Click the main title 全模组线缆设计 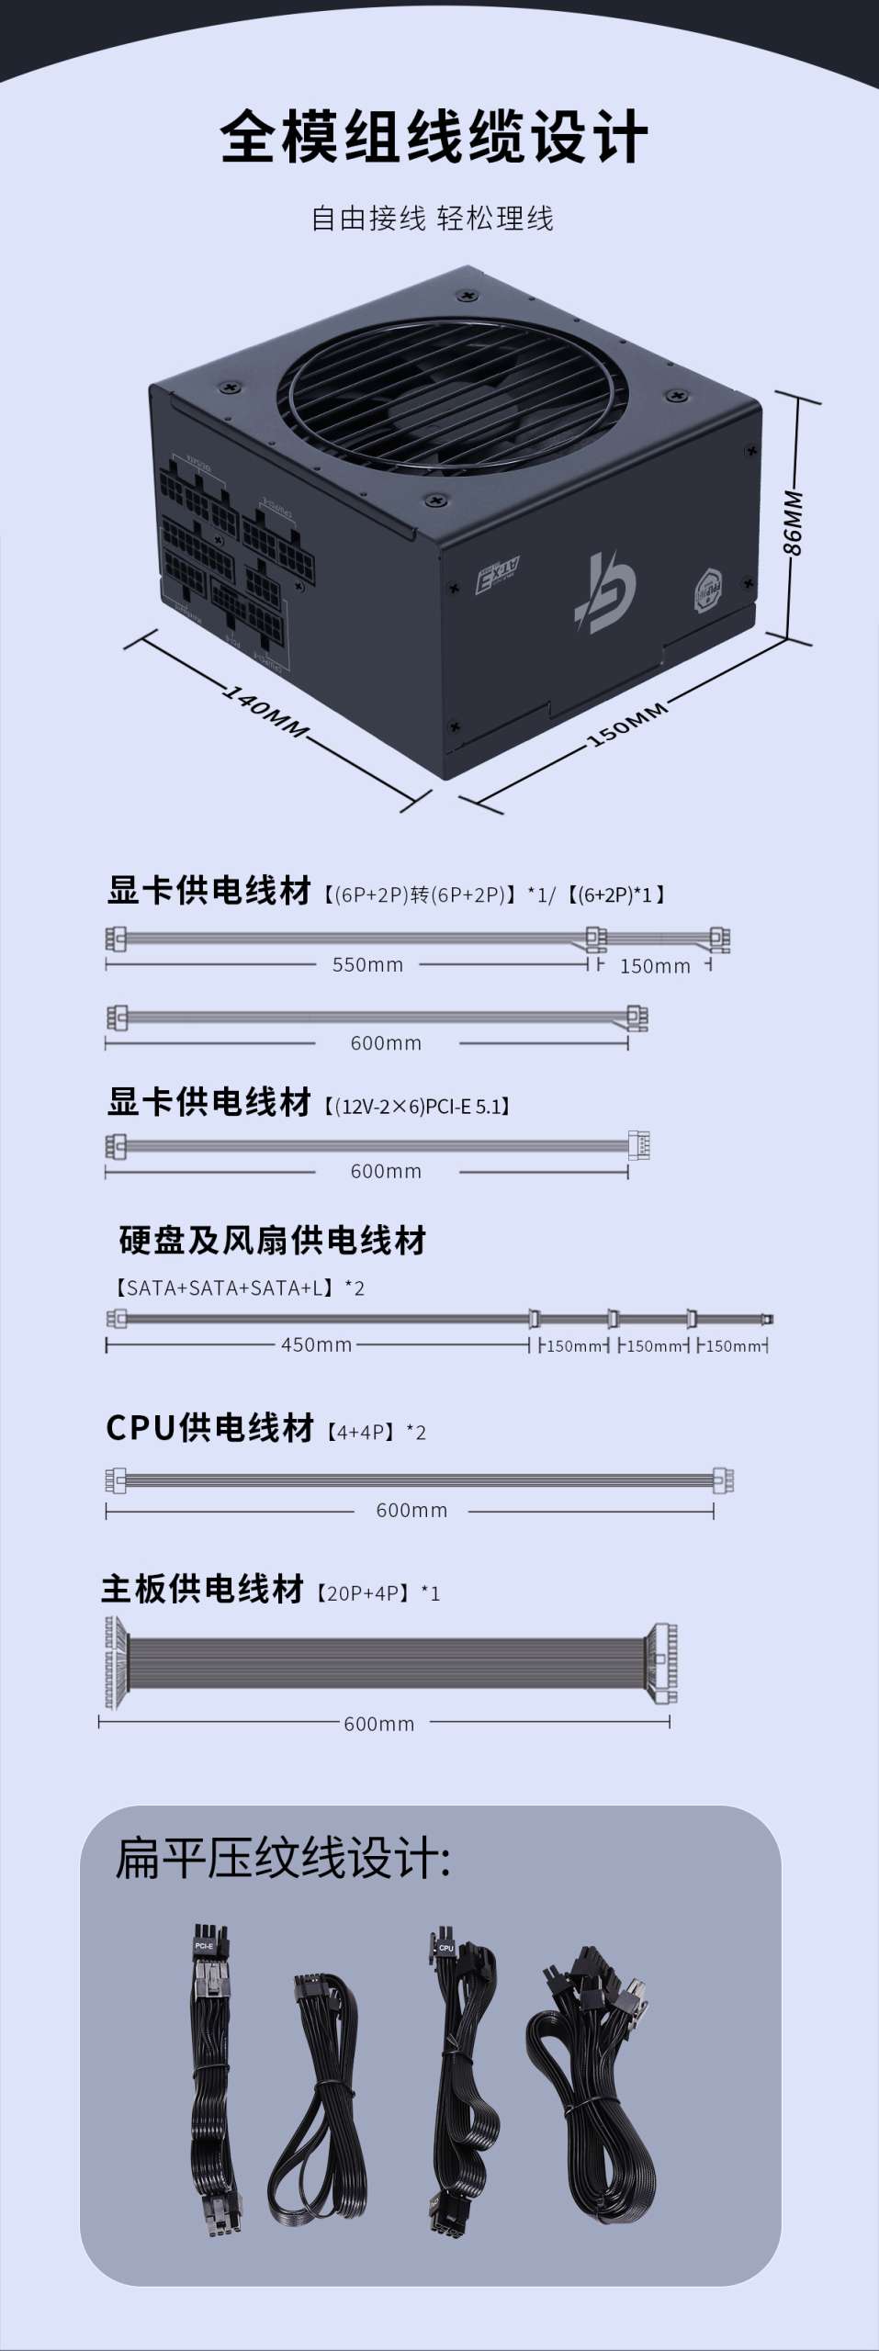434,138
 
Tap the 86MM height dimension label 793,523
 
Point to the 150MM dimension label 628,725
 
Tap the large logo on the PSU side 606,591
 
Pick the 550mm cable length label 367,965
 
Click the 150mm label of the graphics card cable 655,966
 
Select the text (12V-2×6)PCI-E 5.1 417,1106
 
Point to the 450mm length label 317,1344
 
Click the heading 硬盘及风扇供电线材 273,1241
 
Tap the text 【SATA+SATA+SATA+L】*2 238,1288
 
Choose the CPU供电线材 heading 210,1428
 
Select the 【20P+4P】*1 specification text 378,1593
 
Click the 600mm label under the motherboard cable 378,1725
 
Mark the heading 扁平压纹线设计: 283,1858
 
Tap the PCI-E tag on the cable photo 204,1946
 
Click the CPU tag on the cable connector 446,1947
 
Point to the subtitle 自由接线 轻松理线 433,219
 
